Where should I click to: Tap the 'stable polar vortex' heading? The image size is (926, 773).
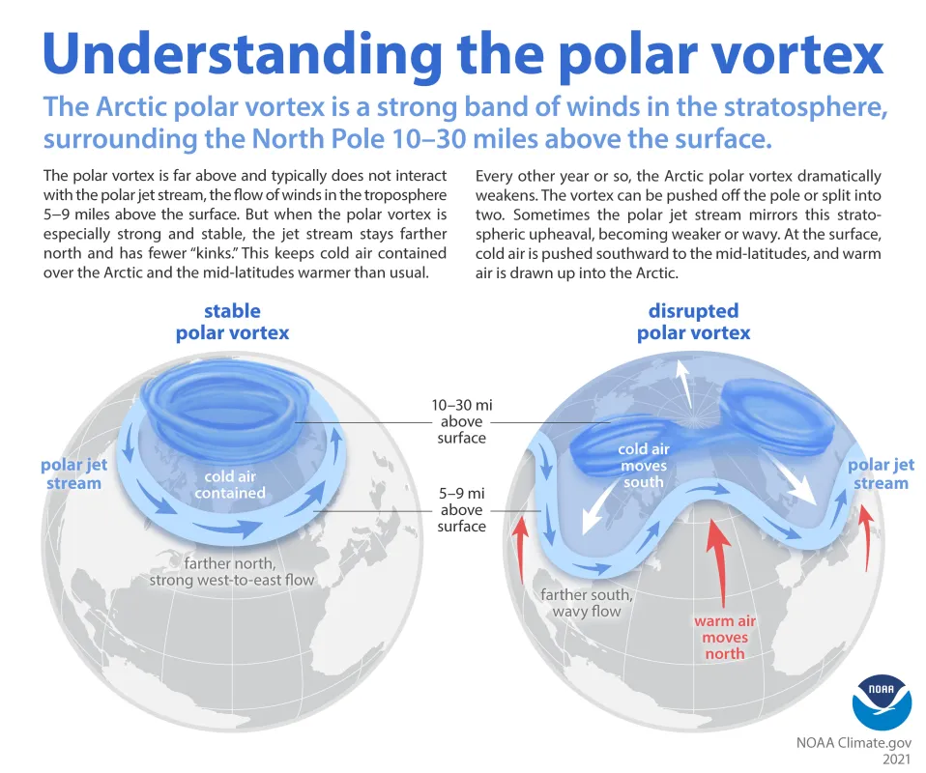coord(232,322)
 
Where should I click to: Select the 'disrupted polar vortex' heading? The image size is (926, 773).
coord(693,322)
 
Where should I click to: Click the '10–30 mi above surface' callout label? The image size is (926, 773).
coord(461,421)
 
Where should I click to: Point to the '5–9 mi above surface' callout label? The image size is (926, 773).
coord(461,509)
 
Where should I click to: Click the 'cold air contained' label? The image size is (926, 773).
coord(230,484)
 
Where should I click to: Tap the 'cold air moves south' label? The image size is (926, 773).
coord(644,465)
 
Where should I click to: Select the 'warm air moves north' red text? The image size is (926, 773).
coord(725,637)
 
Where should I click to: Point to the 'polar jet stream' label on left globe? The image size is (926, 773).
coord(73,473)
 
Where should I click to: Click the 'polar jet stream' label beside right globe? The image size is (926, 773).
coord(881,473)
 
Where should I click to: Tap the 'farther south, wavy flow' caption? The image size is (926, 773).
coord(587,602)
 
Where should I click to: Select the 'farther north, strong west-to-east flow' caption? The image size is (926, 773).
coord(231,571)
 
